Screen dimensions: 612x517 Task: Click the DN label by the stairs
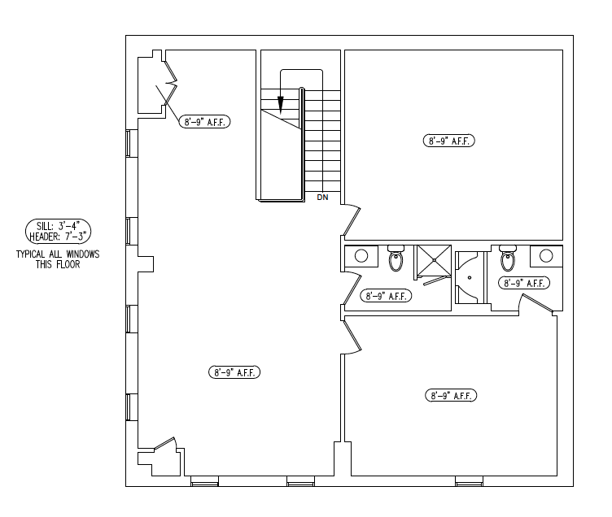322,198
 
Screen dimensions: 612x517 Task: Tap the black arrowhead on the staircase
280,105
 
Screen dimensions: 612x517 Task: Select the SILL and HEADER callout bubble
58,231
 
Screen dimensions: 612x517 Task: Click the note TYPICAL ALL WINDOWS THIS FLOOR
58,259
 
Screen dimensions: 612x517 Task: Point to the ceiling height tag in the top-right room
449,141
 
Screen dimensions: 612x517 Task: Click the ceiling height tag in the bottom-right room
451,395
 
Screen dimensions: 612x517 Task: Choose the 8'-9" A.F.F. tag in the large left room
234,372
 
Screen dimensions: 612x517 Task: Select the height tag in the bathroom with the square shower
386,296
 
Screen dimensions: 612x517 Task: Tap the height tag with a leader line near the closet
204,122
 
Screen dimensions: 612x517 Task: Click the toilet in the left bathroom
396,258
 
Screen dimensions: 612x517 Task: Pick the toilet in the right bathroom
508,258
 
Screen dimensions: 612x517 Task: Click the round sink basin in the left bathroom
361,256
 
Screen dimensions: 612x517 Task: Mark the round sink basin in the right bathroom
546,256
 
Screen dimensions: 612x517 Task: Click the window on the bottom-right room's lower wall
469,481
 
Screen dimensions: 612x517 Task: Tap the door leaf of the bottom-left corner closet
164,442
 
